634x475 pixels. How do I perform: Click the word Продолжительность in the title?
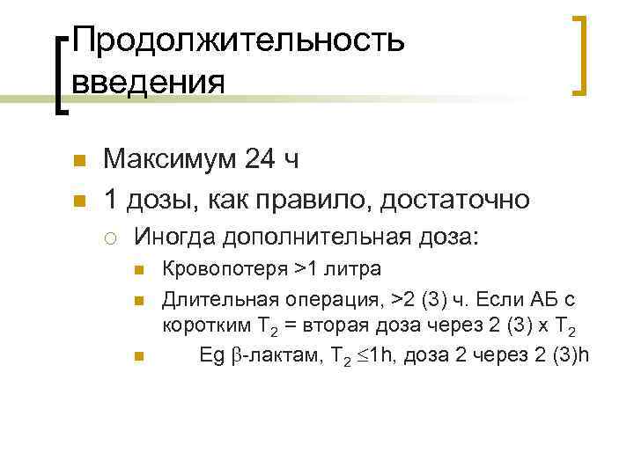click(x=239, y=40)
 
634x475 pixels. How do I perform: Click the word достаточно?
click(x=455, y=200)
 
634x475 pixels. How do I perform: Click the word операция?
click(x=311, y=302)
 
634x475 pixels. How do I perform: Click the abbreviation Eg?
click(x=212, y=354)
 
